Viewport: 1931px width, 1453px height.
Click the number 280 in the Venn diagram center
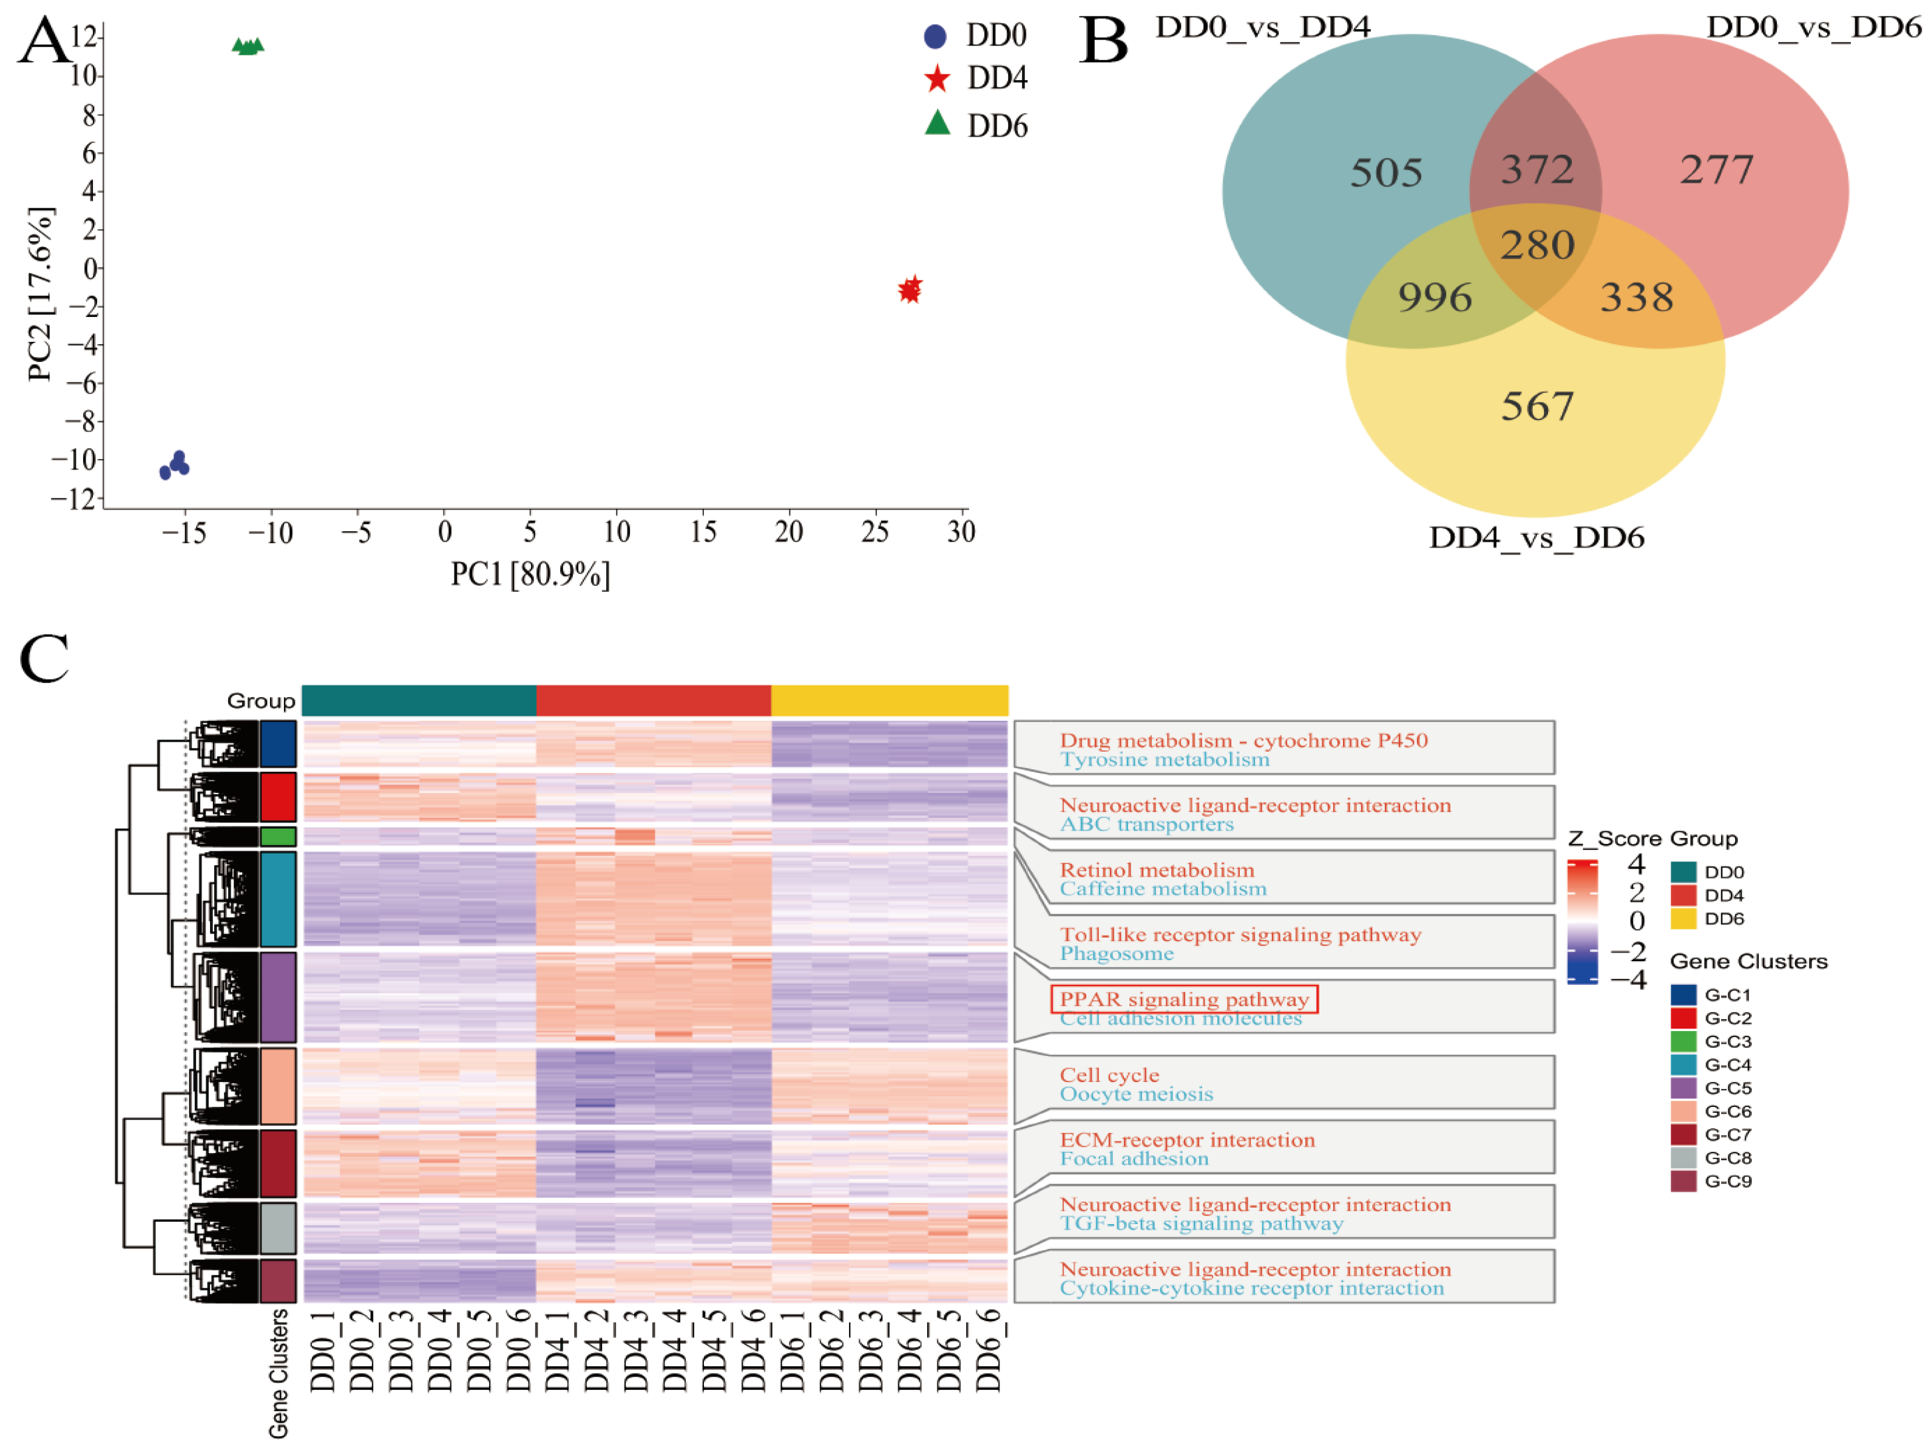pos(1537,245)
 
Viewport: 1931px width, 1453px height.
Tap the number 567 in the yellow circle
pos(1537,407)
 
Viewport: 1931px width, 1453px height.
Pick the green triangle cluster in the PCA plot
pos(248,46)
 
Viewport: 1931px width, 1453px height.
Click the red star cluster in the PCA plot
pos(910,289)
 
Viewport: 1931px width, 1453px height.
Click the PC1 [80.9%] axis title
pos(530,574)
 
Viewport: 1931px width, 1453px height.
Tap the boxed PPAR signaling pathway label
pos(1184,999)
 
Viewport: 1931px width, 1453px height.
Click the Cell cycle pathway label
pos(1109,1075)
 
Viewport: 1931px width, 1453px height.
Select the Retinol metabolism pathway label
pos(1157,869)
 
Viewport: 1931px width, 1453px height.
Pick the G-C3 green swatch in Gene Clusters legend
pos(1682,1041)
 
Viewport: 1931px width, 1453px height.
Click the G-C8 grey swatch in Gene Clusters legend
pos(1682,1158)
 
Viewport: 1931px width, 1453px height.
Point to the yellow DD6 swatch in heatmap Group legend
pos(1682,919)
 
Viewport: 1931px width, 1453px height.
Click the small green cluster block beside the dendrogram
pos(277,837)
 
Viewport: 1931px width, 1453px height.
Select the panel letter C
pos(44,659)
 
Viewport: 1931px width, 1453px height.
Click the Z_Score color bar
pos(1582,921)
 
